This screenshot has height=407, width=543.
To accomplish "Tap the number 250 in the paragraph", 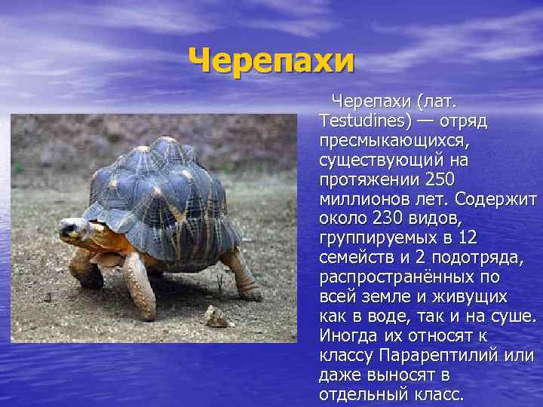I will tap(441, 179).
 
